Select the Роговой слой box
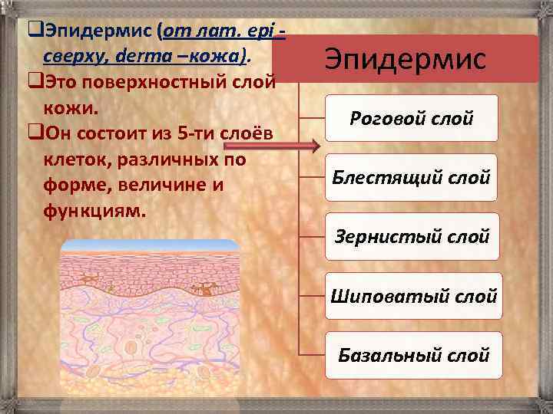412,118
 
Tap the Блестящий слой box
412,177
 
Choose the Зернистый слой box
412,236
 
